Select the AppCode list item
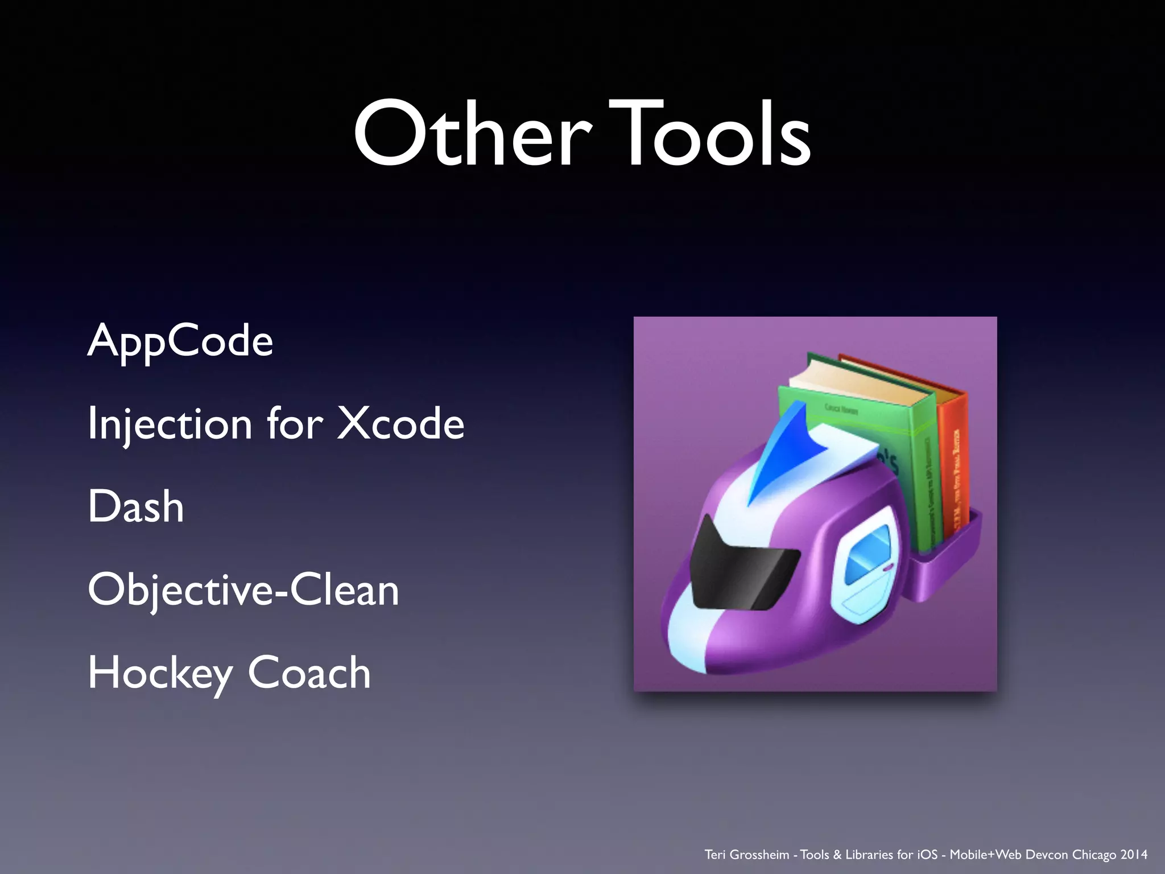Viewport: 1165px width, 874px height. pyautogui.click(x=180, y=341)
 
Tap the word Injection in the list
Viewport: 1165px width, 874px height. pyautogui.click(x=170, y=424)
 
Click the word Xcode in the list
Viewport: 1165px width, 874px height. pyautogui.click(x=400, y=423)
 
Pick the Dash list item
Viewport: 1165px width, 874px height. pyautogui.click(x=136, y=506)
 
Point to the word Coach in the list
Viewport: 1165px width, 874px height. pyautogui.click(x=309, y=673)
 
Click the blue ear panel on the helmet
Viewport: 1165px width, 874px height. pyautogui.click(x=867, y=555)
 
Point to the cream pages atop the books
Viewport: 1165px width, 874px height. pyautogui.click(x=853, y=381)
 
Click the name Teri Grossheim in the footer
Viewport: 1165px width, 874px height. pyautogui.click(x=746, y=855)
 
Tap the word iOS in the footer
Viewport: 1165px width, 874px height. pyautogui.click(x=927, y=855)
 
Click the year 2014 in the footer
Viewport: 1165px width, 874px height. pyautogui.click(x=1134, y=855)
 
